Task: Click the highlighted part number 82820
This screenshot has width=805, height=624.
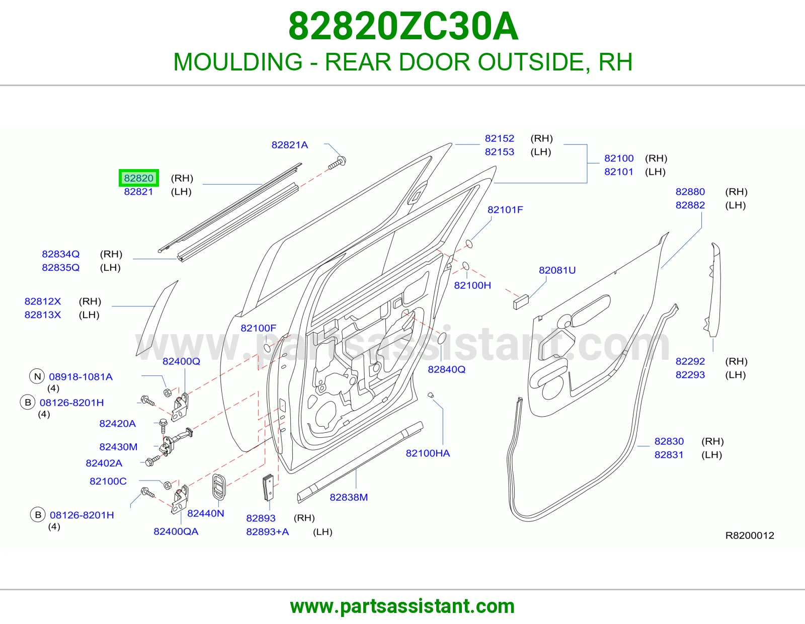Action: (x=138, y=178)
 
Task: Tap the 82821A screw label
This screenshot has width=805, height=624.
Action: (x=290, y=145)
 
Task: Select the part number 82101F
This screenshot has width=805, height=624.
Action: (x=505, y=210)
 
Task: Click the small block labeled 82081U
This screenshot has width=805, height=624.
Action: (x=521, y=301)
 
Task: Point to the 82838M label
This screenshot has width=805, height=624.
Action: (x=349, y=497)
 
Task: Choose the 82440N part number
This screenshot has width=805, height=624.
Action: (x=206, y=513)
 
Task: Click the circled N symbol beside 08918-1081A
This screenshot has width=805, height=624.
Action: (x=37, y=376)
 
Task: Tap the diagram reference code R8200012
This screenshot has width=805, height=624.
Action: (x=750, y=535)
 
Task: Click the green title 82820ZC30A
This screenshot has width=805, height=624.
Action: (x=403, y=26)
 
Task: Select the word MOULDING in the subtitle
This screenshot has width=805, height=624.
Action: (x=238, y=62)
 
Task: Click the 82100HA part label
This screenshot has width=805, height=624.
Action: (x=428, y=453)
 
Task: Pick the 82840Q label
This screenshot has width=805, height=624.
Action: (x=446, y=369)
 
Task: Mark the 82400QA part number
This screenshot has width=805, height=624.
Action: (x=176, y=531)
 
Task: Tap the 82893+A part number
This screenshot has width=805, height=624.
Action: (x=268, y=532)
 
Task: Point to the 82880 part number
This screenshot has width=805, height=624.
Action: (x=690, y=192)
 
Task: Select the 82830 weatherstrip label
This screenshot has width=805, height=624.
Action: (x=669, y=441)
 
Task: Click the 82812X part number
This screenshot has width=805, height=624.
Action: (x=43, y=301)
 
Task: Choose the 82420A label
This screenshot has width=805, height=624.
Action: (x=117, y=424)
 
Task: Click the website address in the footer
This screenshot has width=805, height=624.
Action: (x=403, y=606)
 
